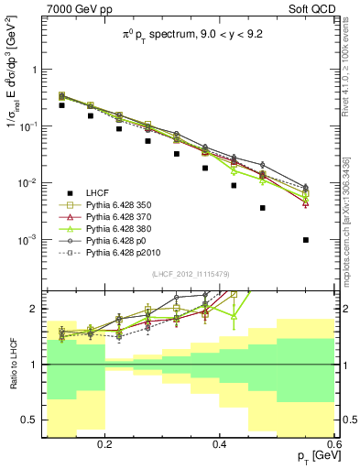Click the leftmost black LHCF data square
(x=61, y=105)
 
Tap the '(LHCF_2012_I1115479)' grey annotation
(x=191, y=275)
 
